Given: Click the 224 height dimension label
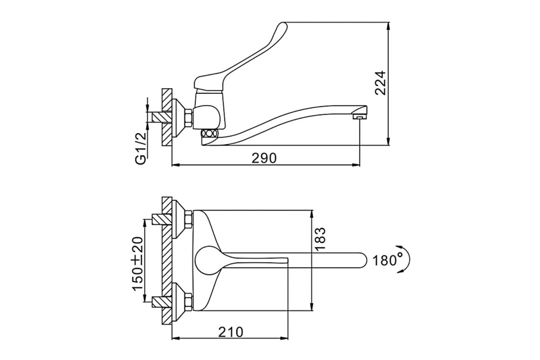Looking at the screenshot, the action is pyautogui.click(x=380, y=83).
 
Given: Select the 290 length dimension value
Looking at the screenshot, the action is pyautogui.click(x=264, y=158).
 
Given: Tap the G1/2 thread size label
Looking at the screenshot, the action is pyautogui.click(x=141, y=148).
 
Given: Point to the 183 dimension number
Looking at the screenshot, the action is pyautogui.click(x=320, y=239).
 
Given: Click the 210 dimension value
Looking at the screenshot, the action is pyautogui.click(x=231, y=332).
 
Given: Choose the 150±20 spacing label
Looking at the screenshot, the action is pyautogui.click(x=137, y=264).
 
